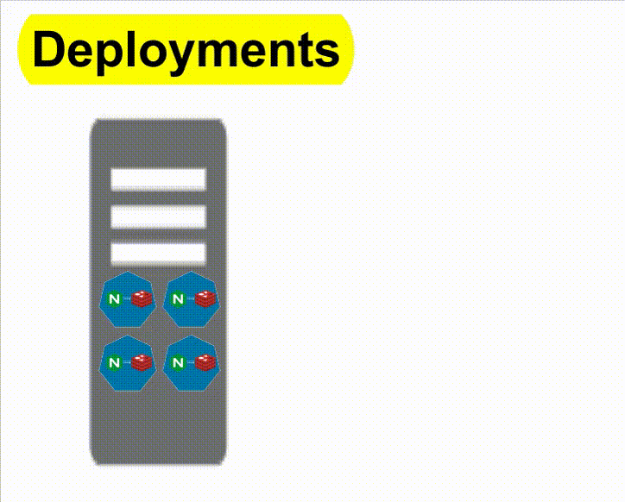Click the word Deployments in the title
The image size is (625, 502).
click(x=186, y=50)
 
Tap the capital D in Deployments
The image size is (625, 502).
click(x=49, y=50)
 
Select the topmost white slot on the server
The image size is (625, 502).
click(x=158, y=179)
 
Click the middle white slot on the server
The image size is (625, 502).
click(x=158, y=216)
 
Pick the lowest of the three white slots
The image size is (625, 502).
click(x=158, y=253)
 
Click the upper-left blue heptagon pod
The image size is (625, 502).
click(x=128, y=299)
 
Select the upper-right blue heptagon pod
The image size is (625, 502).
click(x=192, y=299)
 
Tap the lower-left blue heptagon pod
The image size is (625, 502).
click(x=128, y=363)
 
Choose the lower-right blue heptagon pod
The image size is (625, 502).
click(x=192, y=363)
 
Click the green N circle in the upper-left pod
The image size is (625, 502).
click(x=114, y=299)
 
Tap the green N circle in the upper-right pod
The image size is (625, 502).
click(x=178, y=299)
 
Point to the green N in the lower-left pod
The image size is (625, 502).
click(x=114, y=363)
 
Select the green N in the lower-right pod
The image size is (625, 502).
click(x=178, y=363)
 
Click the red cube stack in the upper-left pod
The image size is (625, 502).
click(x=142, y=299)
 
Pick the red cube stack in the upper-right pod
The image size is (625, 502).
click(x=205, y=299)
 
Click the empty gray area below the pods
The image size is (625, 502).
click(x=158, y=427)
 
